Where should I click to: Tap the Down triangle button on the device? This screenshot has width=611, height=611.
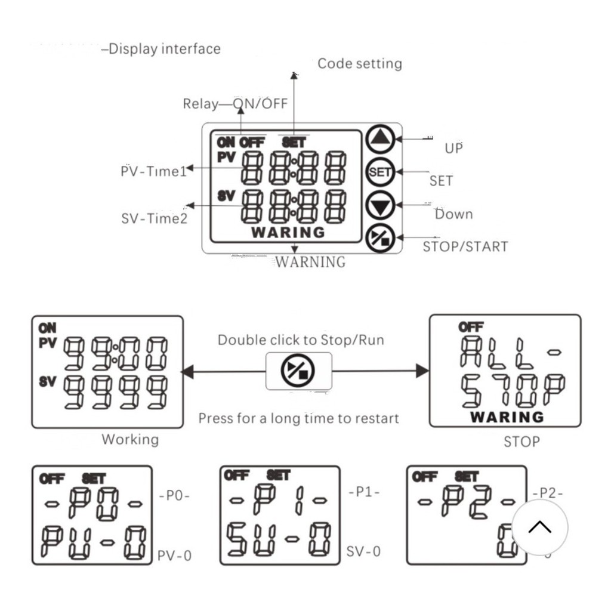380,205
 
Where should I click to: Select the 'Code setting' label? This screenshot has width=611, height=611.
359,64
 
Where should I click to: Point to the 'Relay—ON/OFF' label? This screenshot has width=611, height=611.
235,104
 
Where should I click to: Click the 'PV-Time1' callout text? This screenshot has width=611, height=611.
154,172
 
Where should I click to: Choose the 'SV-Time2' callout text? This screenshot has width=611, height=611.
155,218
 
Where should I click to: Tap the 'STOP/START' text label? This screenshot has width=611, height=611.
465,246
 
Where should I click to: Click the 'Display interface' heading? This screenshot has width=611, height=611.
164,49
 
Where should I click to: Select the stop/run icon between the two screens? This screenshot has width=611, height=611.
298,371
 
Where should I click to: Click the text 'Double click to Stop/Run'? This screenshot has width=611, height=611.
301,340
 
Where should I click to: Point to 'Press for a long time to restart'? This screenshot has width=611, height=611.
298,418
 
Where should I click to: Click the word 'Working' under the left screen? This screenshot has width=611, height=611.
130,440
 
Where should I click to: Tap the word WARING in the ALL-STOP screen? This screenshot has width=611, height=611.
507,417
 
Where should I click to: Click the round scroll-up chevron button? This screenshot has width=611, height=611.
540,527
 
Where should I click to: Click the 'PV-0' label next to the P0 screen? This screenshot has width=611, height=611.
175,556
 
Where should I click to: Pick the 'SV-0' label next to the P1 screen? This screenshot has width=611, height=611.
363,551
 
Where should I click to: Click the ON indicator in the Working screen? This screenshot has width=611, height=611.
47,328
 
